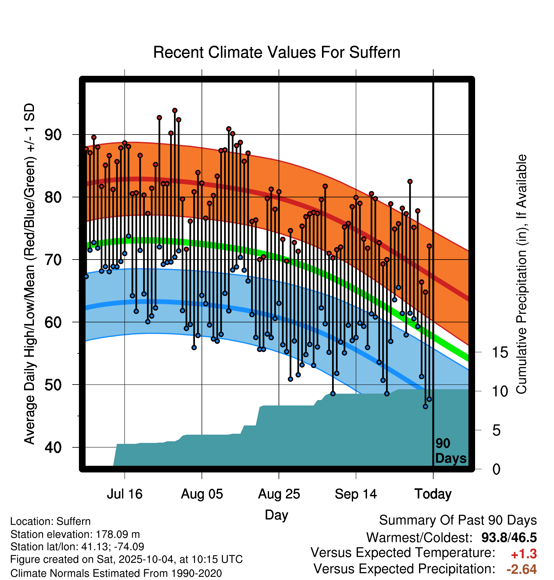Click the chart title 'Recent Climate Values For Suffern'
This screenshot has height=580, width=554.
(276, 52)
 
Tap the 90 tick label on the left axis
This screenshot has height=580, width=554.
(53, 135)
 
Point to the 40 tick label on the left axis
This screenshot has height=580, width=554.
(53, 447)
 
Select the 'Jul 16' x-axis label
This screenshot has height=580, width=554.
(125, 494)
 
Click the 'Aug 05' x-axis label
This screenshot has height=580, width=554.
(202, 494)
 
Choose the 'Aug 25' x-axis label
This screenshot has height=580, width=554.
(279, 494)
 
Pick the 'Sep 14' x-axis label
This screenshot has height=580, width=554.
(356, 494)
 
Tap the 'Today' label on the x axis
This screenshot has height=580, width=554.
(433, 494)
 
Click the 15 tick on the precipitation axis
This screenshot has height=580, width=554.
(500, 353)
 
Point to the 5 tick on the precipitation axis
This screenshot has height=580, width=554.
(497, 431)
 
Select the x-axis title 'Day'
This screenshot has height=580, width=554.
(276, 515)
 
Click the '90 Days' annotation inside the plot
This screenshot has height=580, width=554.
(450, 451)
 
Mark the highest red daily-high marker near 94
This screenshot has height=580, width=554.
(175, 110)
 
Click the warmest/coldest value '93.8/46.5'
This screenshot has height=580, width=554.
(509, 537)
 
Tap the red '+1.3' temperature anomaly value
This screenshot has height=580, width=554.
(524, 554)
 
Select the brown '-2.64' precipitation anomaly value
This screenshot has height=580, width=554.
(521, 569)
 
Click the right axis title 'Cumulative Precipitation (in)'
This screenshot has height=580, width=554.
(521, 274)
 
